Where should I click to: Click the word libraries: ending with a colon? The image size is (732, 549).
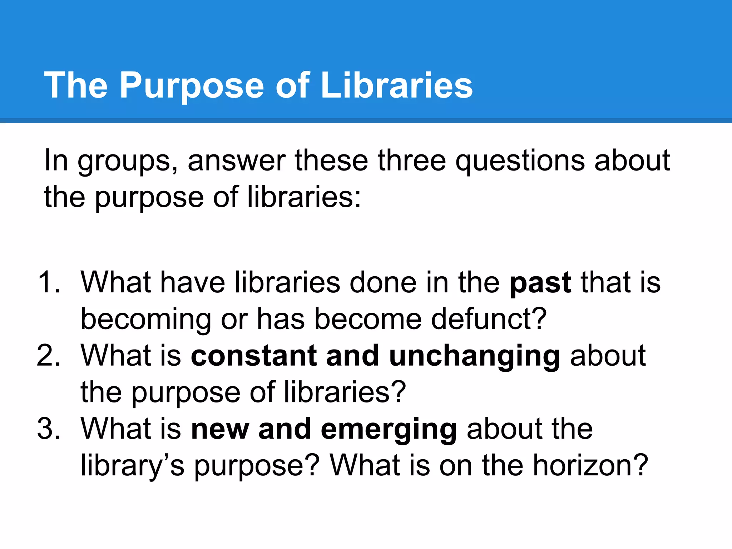pos(304,197)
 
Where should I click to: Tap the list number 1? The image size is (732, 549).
pos(48,282)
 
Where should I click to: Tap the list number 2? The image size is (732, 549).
pos(48,356)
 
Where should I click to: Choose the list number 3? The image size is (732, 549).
pos(48,429)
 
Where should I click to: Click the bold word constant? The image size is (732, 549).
pos(254,356)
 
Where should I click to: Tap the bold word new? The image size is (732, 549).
pos(220,429)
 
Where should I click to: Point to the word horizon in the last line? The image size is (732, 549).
pos(590,465)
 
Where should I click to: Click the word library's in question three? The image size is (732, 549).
pos(132,466)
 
